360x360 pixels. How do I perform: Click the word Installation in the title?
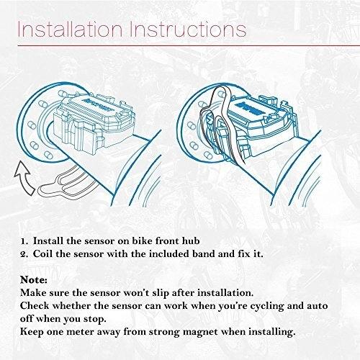click(x=71, y=30)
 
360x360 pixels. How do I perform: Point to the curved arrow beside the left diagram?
click(x=24, y=178)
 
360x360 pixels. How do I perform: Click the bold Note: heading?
click(x=34, y=280)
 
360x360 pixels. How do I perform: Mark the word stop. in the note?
click(x=95, y=320)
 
